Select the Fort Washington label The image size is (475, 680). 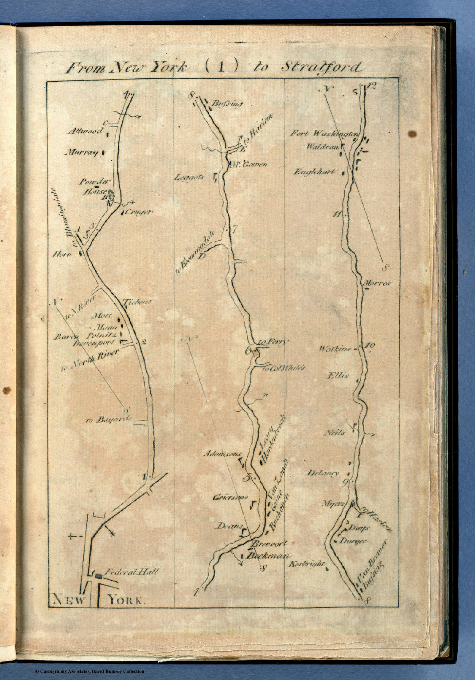324,133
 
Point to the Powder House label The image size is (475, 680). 93,186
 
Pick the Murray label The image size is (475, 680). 83,153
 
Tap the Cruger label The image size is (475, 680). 138,212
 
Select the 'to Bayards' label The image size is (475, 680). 109,419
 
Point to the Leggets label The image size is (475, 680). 190,178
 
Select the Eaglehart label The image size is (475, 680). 315,172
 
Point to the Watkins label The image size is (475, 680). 335,349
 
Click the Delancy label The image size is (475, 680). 323,473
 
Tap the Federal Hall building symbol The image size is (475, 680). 98,576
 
